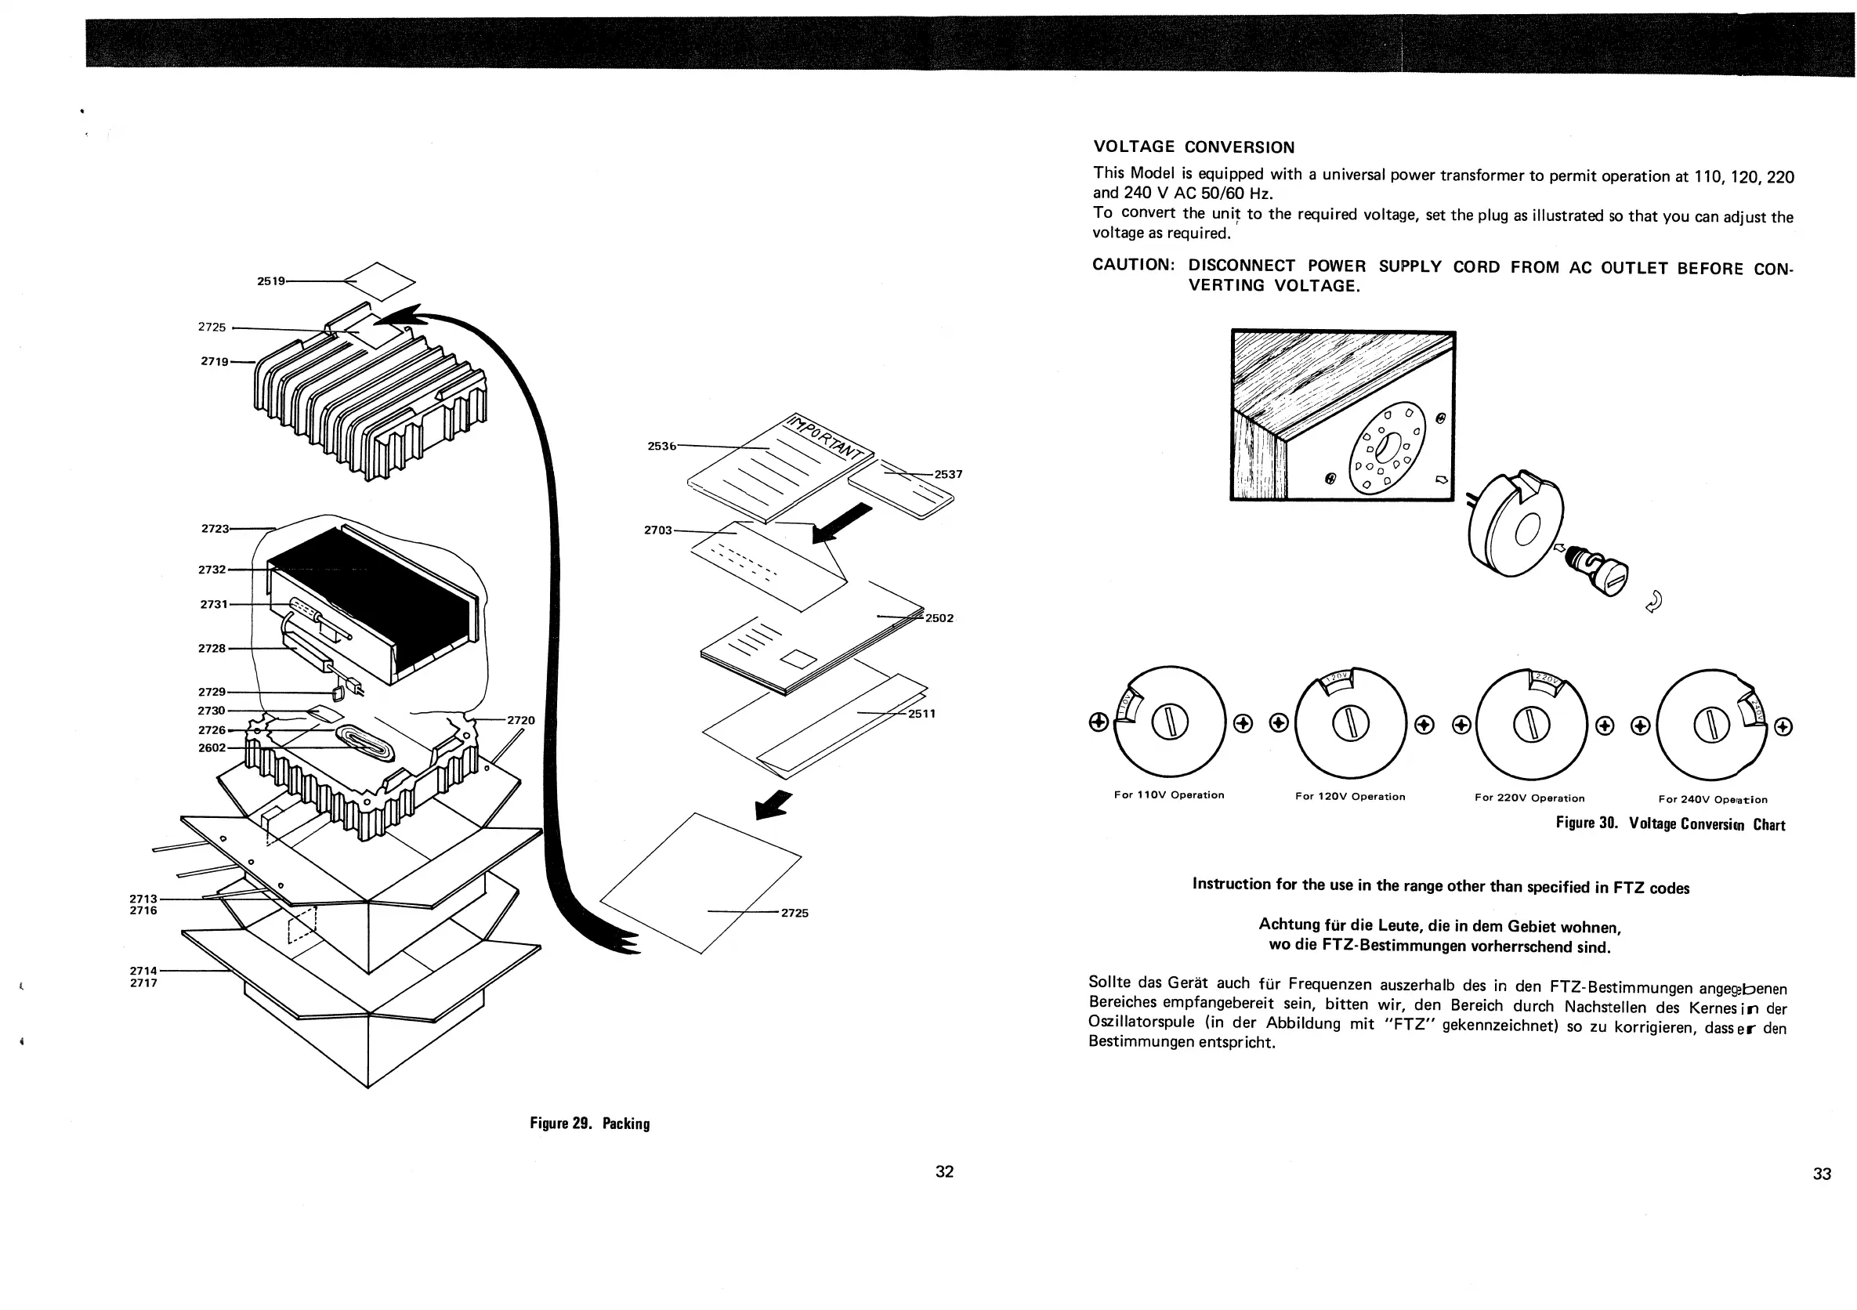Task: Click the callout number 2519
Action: pyautogui.click(x=271, y=281)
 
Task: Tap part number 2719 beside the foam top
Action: pyautogui.click(x=215, y=361)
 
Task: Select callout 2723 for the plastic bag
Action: pyautogui.click(x=215, y=529)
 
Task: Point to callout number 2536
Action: pyautogui.click(x=661, y=446)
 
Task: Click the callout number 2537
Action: pyautogui.click(x=948, y=475)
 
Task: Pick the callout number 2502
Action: pyautogui.click(x=939, y=619)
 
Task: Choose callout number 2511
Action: pyautogui.click(x=921, y=714)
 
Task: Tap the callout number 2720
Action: pyautogui.click(x=521, y=721)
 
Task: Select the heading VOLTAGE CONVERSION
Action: pyautogui.click(x=1194, y=147)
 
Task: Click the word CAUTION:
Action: pyautogui.click(x=1132, y=266)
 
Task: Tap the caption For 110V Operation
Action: pyautogui.click(x=1169, y=795)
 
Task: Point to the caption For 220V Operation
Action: pyautogui.click(x=1529, y=798)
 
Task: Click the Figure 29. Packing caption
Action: pyautogui.click(x=589, y=1124)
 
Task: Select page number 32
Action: pyautogui.click(x=944, y=1172)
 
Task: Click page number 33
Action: pyautogui.click(x=1822, y=1174)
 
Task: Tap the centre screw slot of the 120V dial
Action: pyautogui.click(x=1349, y=723)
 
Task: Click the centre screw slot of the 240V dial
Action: pyautogui.click(x=1710, y=726)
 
